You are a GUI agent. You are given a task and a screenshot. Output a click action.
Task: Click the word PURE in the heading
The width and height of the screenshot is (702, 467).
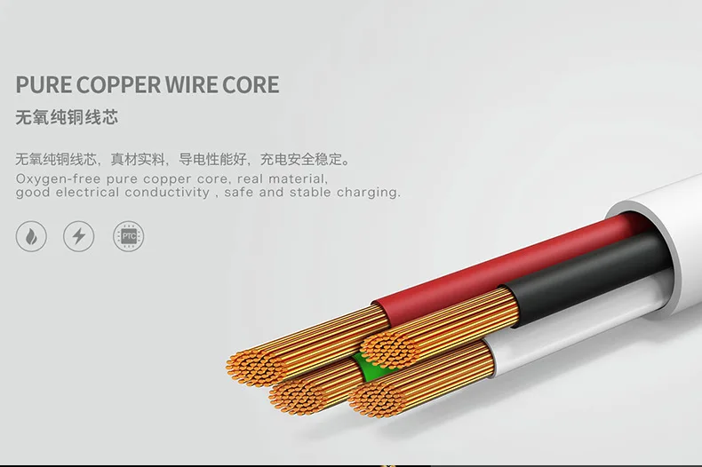pos(44,85)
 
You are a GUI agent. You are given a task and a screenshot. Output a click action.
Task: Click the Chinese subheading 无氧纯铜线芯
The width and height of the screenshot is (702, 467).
pos(67,118)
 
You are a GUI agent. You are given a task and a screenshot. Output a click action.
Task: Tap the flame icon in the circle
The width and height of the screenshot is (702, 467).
pos(31,236)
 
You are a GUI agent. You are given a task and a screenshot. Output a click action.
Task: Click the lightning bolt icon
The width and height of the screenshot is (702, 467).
pos(79,236)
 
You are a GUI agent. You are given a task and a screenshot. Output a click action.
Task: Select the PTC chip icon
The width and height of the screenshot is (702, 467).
pos(129,236)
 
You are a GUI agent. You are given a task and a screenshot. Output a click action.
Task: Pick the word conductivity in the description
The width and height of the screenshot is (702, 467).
pos(167,193)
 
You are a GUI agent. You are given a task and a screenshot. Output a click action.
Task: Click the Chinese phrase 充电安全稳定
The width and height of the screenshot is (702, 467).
pos(301,159)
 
